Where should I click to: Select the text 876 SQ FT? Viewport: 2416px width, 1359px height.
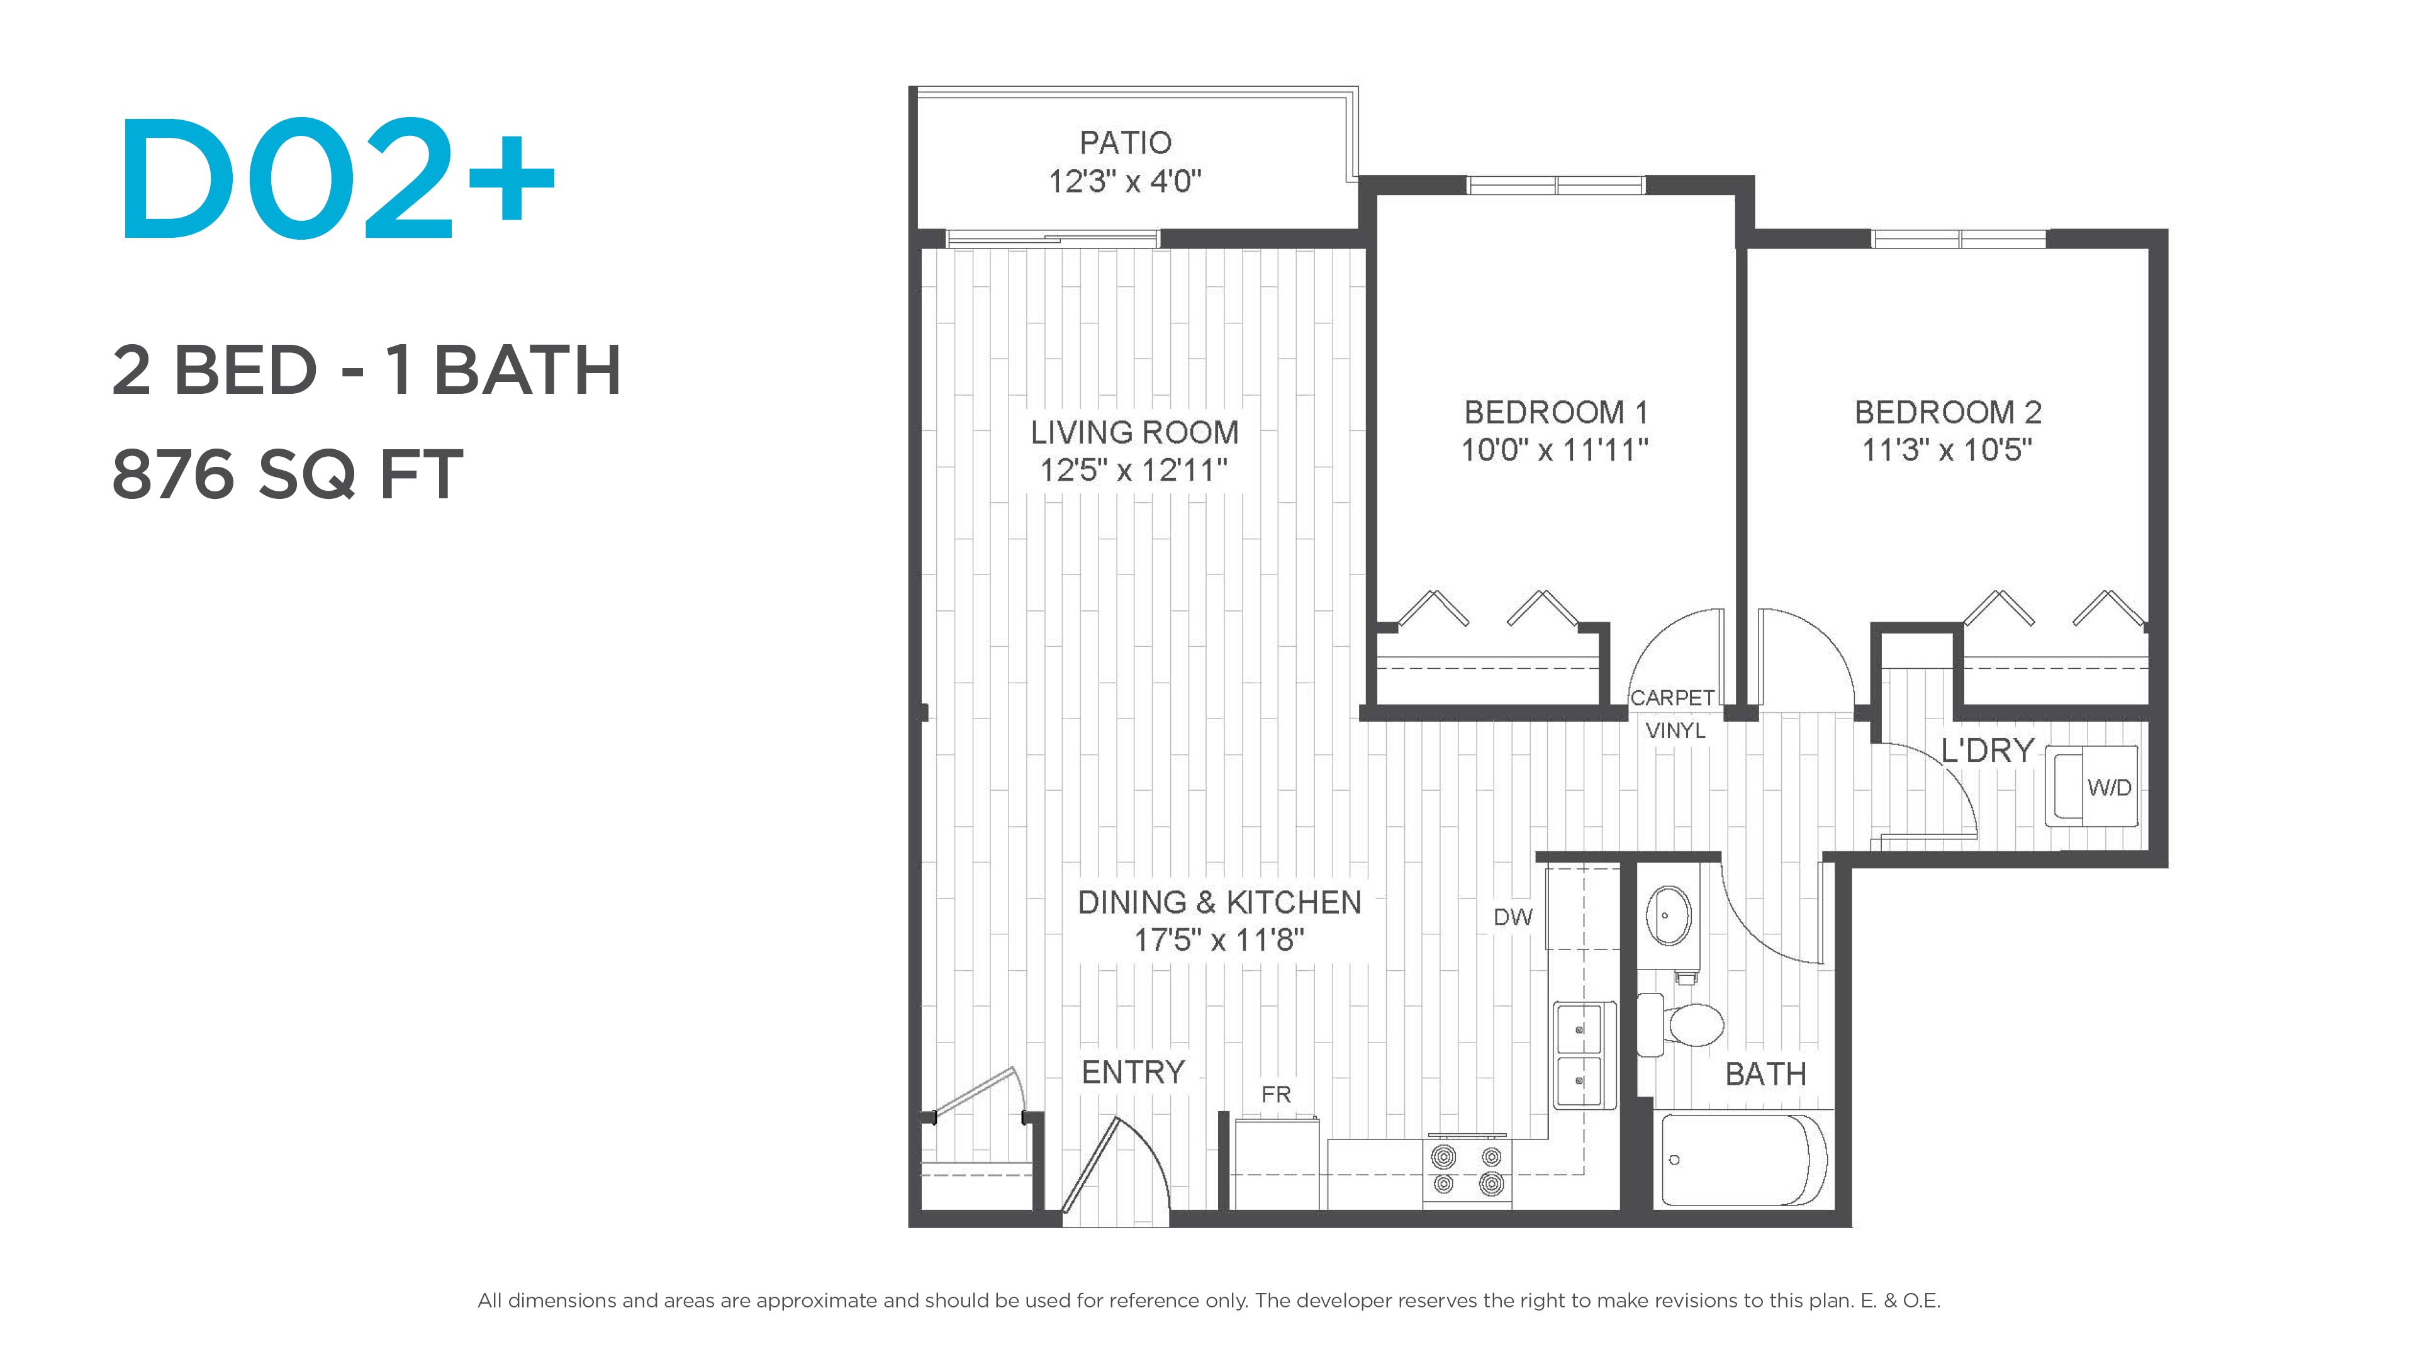click(287, 474)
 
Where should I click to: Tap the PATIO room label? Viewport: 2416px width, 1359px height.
click(1126, 143)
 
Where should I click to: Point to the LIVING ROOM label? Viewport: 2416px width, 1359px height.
click(1135, 432)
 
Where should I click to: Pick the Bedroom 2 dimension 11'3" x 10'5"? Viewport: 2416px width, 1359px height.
click(1947, 450)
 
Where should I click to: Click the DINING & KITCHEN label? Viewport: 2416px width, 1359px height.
click(1219, 902)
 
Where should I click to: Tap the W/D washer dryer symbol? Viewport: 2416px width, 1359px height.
click(2091, 786)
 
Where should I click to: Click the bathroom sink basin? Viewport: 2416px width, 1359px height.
click(1669, 914)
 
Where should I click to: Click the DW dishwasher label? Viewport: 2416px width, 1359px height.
click(1513, 917)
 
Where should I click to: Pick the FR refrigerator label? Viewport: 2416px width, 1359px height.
click(1275, 1095)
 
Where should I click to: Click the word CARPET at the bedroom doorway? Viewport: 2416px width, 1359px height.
click(1672, 698)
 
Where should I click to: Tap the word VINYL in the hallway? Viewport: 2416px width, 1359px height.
click(1675, 730)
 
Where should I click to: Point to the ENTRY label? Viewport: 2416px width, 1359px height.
click(1133, 1072)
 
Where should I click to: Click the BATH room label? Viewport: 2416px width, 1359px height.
click(1766, 1074)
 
